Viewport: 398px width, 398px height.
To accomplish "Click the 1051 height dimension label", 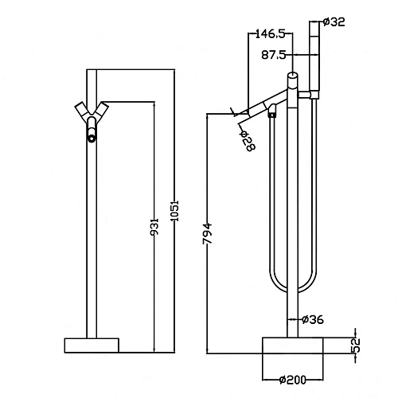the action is [175, 211].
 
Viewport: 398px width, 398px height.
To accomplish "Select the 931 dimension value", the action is [154, 227].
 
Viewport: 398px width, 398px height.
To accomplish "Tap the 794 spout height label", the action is [207, 234].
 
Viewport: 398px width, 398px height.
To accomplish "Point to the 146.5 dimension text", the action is [270, 34].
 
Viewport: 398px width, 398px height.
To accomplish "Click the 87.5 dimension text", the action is [273, 55].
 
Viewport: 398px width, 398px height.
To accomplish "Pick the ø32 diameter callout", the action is [334, 21].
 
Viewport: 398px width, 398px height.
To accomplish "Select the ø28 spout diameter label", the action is [248, 141].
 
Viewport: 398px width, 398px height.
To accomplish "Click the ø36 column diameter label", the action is [313, 319].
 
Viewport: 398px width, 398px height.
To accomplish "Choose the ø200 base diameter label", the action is [293, 380].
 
